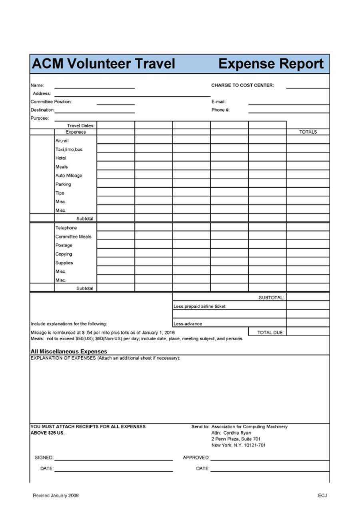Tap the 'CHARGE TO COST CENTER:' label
tap(242, 85)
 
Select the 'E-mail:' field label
tap(218, 102)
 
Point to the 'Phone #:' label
tap(220, 110)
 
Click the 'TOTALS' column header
tap(308, 132)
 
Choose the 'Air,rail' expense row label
tap(62, 141)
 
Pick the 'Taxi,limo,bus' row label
tap(69, 149)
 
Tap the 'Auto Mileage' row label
tap(69, 176)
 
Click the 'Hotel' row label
tap(61, 158)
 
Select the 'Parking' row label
tap(63, 185)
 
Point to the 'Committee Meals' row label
tap(73, 237)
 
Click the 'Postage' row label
tap(64, 245)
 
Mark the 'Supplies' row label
tap(64, 263)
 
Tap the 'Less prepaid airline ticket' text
tap(199, 307)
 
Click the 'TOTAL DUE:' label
tap(270, 333)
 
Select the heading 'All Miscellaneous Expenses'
tap(69, 351)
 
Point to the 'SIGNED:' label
tap(44, 458)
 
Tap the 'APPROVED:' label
tap(196, 458)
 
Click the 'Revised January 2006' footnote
tap(56, 496)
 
